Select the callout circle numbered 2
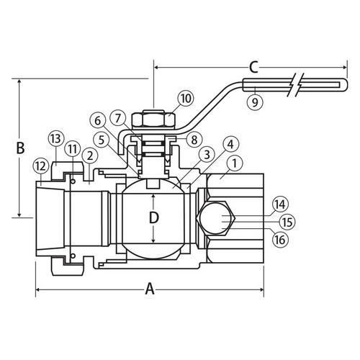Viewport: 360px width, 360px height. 89,156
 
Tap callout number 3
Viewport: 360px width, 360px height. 205,155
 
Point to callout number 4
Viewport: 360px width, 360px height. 230,145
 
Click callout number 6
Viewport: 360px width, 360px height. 99,120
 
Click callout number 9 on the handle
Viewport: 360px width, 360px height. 253,102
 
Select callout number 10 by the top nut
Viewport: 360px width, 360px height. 184,97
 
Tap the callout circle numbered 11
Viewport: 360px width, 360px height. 73,148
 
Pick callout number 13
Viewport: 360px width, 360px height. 56,138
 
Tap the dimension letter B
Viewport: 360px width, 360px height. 21,149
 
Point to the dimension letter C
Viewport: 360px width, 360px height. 252,68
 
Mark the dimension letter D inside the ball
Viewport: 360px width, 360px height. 152,217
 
